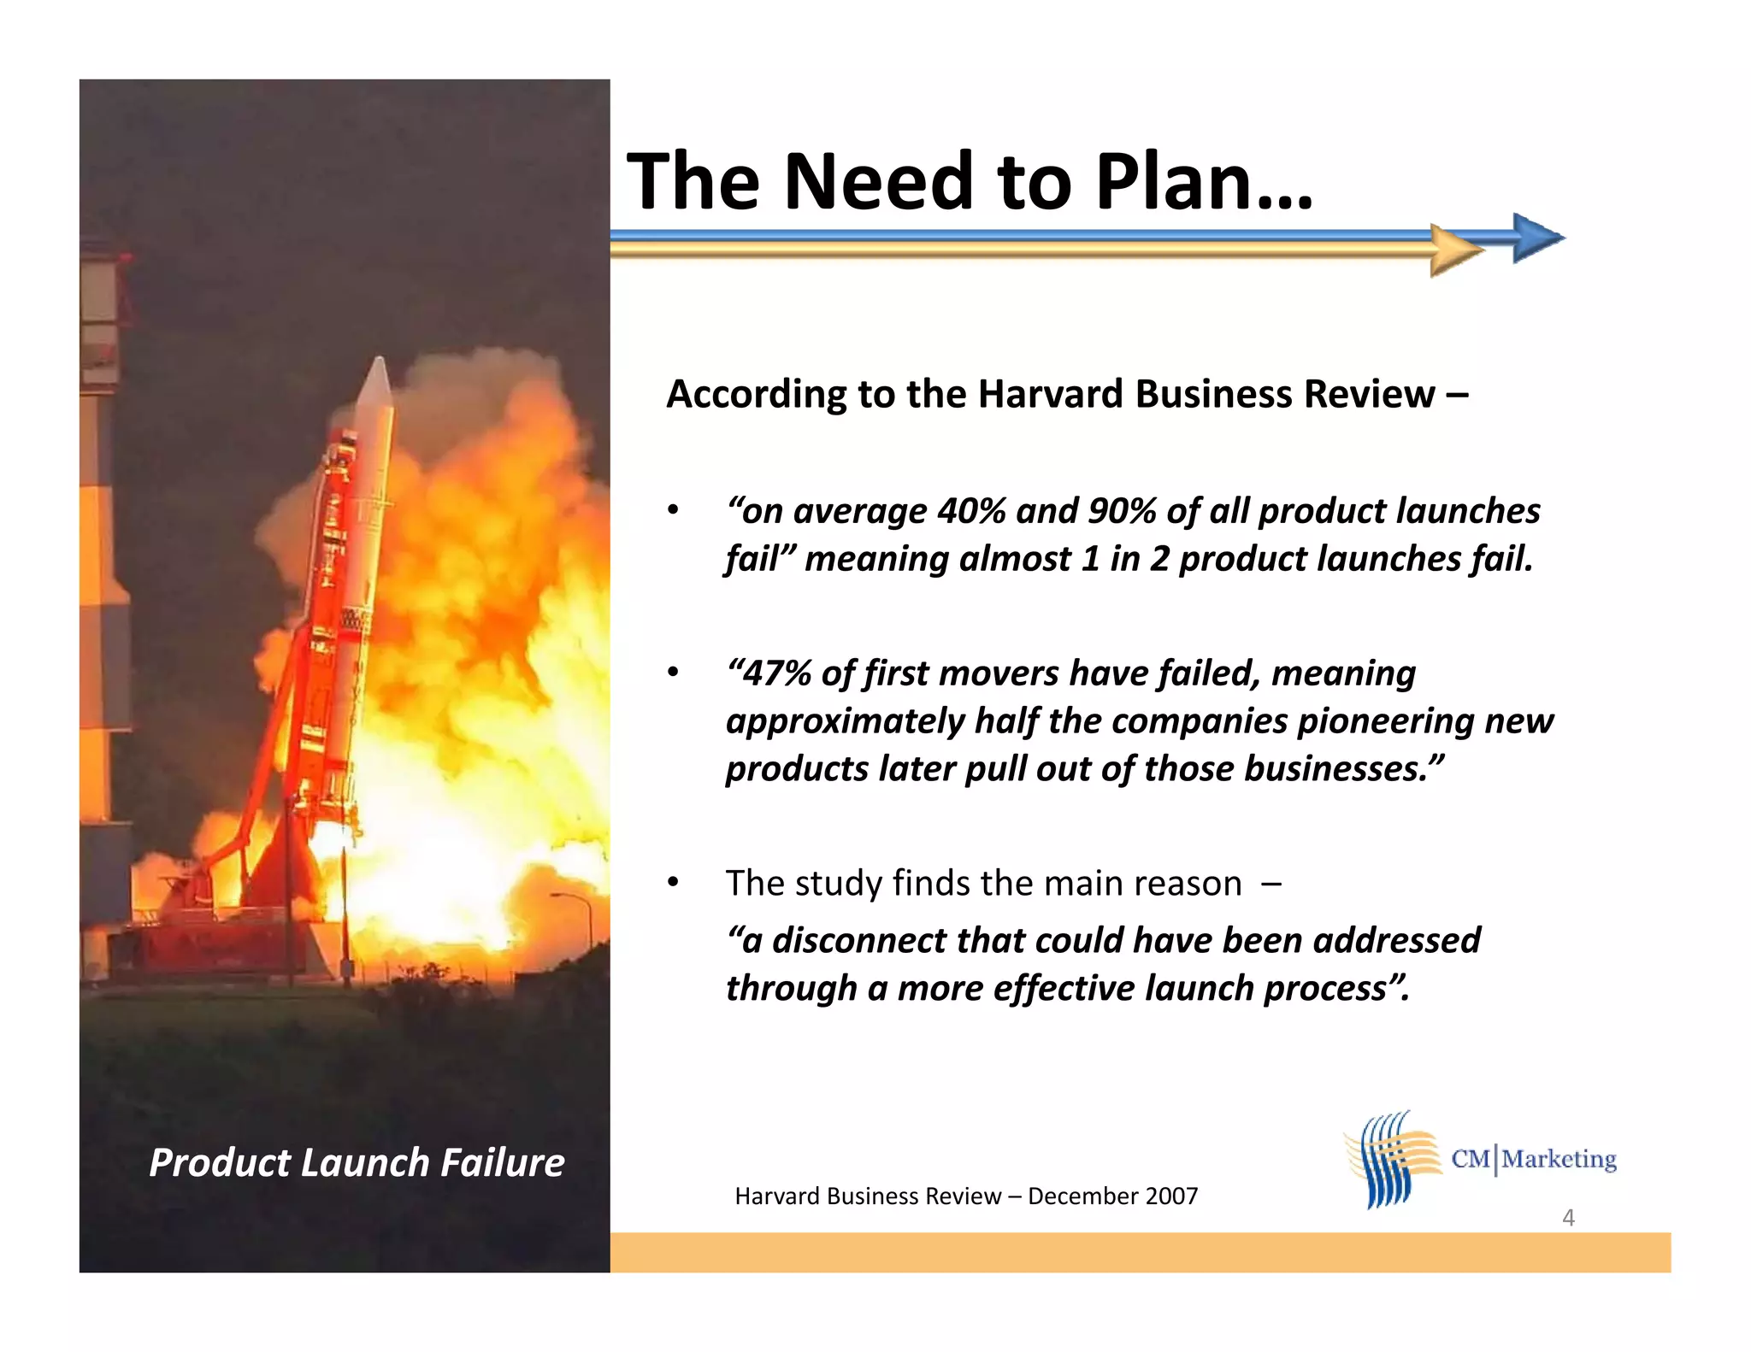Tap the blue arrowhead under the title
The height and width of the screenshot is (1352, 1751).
1536,238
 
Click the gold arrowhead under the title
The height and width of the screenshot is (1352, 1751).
1454,250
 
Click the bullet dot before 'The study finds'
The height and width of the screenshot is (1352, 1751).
673,882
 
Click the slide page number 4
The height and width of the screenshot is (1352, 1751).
1568,1217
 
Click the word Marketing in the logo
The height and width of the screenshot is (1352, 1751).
1559,1159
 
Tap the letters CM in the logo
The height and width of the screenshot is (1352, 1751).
1470,1159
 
